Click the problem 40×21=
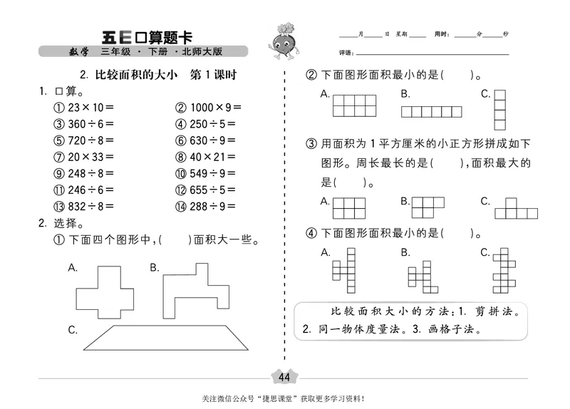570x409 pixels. point(205,157)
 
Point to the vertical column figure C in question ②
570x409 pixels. point(500,108)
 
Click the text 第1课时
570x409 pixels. point(209,75)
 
